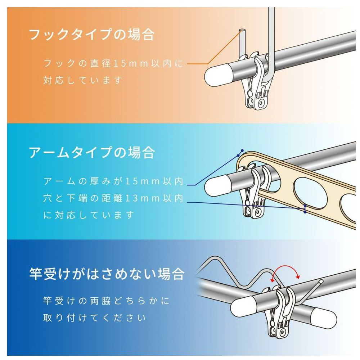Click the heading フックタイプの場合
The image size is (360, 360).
92,35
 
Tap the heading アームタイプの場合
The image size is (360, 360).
92,152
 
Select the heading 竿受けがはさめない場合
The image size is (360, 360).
107,274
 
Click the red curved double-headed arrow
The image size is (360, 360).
285,267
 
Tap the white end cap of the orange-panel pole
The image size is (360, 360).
217,76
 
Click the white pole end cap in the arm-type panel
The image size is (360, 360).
217,187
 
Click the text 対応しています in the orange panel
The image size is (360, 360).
83,80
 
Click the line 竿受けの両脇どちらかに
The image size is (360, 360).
106,301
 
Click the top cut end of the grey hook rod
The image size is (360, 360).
242,31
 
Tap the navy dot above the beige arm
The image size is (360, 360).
242,150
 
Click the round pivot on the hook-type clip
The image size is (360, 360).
261,103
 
